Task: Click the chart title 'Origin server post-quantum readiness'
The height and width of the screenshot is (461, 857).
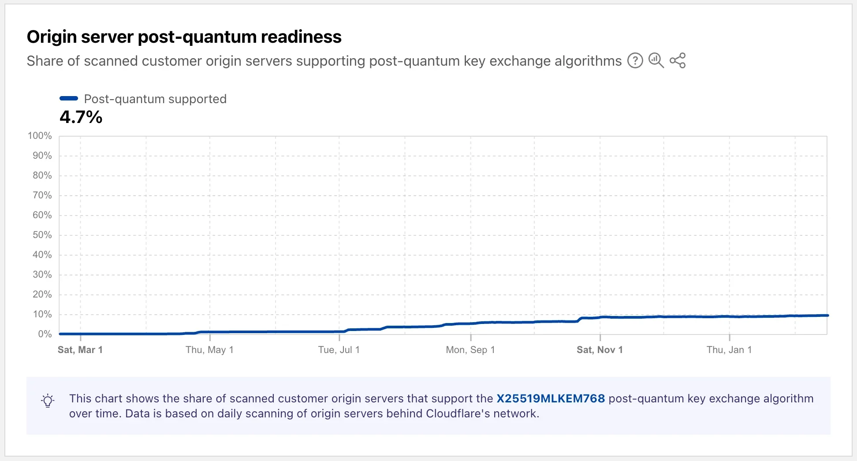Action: [x=184, y=37]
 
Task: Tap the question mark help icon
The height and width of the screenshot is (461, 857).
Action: [x=635, y=60]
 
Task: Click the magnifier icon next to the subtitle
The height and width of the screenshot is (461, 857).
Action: [x=656, y=60]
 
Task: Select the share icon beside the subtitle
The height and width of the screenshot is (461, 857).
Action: [x=678, y=60]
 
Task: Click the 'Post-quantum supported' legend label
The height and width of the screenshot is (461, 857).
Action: [x=155, y=99]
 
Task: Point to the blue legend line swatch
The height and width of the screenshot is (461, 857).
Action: [x=69, y=98]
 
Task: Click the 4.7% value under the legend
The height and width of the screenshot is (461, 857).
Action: [x=81, y=117]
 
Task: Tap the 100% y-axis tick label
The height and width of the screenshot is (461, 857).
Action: [x=40, y=136]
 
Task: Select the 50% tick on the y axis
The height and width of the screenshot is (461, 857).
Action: [x=42, y=235]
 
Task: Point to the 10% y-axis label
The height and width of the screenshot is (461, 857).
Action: [x=42, y=314]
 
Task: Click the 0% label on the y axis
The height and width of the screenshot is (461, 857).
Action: [x=45, y=334]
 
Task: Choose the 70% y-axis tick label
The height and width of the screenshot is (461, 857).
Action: [x=42, y=195]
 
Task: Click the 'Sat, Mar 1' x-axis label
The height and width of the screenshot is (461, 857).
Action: [x=80, y=350]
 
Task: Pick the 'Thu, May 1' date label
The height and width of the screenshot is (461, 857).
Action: [x=209, y=350]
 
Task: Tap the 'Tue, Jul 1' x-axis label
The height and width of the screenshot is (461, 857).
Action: [x=339, y=350]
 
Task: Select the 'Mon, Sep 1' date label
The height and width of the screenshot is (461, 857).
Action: [x=470, y=350]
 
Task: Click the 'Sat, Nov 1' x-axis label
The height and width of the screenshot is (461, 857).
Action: [x=600, y=350]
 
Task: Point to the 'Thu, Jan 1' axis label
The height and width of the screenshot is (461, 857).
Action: [x=729, y=350]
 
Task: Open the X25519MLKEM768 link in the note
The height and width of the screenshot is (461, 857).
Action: [x=551, y=398]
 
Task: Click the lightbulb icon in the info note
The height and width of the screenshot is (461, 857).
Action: [x=48, y=401]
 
